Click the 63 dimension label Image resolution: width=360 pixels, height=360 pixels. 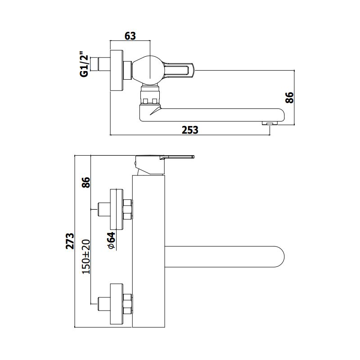tap(130, 36)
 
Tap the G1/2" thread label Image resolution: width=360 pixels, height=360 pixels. tap(84, 64)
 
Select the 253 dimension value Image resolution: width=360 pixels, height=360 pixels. tap(190, 130)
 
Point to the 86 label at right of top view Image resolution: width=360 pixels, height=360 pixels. tap(289, 98)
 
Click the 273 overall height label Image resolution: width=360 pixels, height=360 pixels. tap(70, 241)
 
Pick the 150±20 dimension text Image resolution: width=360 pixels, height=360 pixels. tap(86, 256)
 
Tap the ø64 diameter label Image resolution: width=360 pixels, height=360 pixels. tap(111, 240)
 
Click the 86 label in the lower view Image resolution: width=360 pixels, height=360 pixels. tap(86, 183)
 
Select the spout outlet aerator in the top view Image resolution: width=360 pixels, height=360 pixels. tap(270, 123)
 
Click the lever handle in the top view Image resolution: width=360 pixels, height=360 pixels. tap(179, 70)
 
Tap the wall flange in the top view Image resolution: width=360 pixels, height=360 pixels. tap(117, 70)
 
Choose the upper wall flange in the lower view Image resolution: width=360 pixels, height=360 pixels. tap(117, 209)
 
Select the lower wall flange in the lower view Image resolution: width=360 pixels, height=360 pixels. tap(117, 304)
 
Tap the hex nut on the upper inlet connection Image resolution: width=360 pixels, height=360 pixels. tap(127, 209)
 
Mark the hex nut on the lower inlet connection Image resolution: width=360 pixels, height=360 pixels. tap(127, 304)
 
